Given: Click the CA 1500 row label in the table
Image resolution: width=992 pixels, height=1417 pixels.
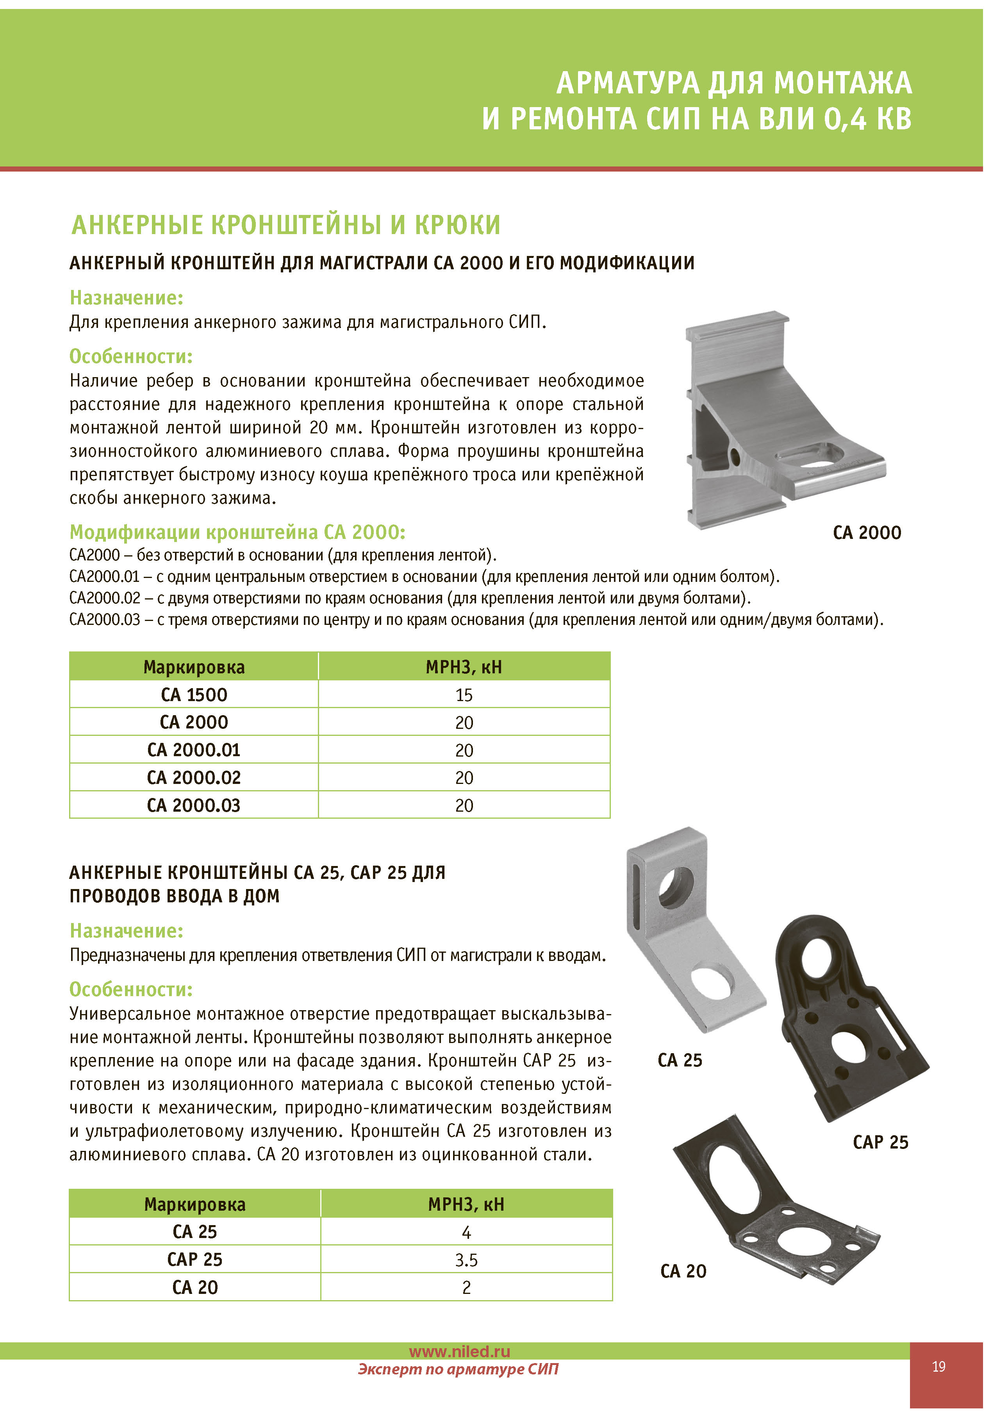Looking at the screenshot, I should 194,694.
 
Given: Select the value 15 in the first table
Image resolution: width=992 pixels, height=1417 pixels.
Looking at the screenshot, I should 464,695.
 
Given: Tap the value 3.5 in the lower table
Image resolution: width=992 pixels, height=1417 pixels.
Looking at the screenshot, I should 466,1260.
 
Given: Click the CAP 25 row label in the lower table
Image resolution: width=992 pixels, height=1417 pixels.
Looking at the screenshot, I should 195,1259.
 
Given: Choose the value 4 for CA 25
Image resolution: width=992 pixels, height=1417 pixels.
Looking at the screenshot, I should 466,1232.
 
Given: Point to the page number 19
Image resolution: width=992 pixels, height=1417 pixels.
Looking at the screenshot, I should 938,1366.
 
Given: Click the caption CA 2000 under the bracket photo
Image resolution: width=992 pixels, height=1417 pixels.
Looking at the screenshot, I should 867,533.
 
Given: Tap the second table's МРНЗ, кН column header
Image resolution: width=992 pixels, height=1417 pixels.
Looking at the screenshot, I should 466,1204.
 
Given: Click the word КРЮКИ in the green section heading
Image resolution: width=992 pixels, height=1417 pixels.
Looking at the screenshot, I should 457,225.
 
